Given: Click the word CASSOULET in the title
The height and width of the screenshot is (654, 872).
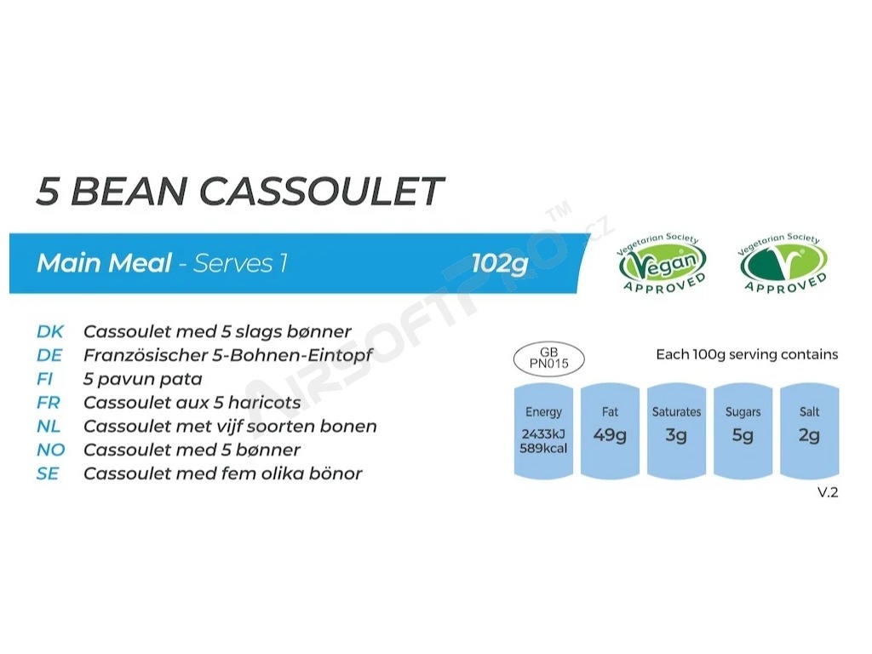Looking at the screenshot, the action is coord(321,192).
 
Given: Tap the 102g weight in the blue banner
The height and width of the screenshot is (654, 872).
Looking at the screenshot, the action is coord(499,264).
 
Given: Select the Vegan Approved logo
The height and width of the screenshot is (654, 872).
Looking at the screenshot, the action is coord(661,263).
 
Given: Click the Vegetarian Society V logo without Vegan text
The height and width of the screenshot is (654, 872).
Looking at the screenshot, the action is coord(783,263).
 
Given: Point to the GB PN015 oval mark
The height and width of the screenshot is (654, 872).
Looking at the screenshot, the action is coord(548,359).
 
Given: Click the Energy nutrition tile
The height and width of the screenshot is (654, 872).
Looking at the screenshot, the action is coord(543,430).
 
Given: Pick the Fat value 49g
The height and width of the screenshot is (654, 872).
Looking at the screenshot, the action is coord(610,435).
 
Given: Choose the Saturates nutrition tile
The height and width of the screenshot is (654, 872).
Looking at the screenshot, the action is coord(676,430).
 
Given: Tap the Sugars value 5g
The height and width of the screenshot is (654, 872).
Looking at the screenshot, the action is coord(743,435).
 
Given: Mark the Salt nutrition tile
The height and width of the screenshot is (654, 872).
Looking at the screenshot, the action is coord(809,430).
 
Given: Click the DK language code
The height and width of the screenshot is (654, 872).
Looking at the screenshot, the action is coord(50,331).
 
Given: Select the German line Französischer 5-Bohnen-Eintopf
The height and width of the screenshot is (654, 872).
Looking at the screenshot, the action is coord(227,355).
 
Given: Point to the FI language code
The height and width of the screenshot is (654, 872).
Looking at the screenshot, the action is coord(44,379).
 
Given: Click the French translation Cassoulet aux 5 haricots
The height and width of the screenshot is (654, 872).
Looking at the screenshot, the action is coord(192,403).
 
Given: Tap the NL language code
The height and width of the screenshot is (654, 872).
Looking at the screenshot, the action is coord(49,426).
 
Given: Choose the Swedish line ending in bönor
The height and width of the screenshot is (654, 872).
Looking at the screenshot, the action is coord(222,473).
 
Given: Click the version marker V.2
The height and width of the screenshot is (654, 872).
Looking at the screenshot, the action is coord(828,492).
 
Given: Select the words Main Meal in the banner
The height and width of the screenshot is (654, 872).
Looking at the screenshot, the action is coord(104,263).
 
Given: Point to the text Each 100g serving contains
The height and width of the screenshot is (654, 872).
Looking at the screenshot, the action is coord(747,354).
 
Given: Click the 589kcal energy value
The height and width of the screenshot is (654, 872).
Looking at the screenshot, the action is coord(543,448).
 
